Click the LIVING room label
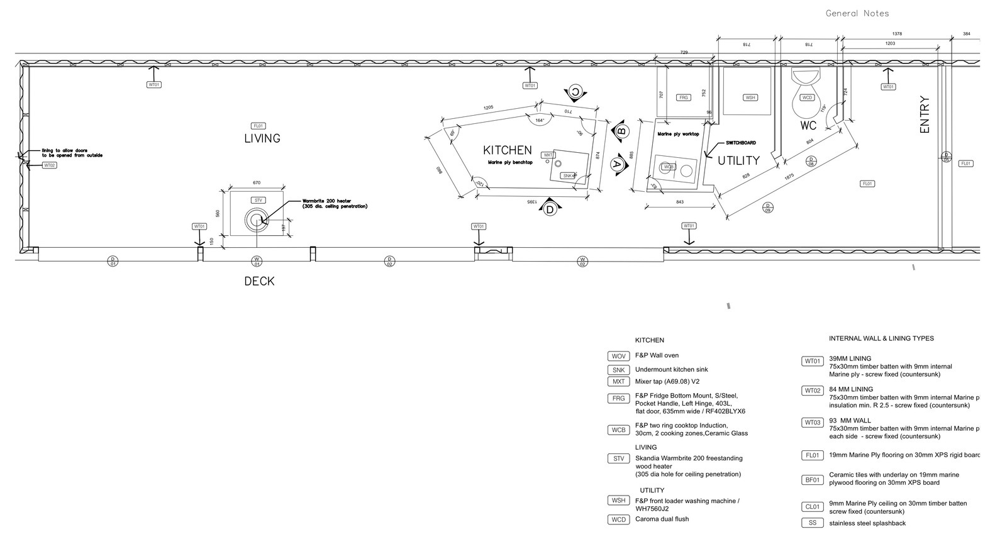262,138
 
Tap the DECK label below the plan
259,281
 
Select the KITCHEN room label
507,150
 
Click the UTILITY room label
738,161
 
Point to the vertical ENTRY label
924,114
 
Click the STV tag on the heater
258,200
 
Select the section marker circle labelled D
550,209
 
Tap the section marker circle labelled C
575,92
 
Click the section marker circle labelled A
617,164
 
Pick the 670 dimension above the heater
257,183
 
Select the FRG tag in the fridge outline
684,97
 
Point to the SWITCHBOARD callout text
740,143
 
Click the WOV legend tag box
618,357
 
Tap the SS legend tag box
812,523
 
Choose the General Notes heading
857,13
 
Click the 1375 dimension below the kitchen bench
531,201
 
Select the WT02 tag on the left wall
50,165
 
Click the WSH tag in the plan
750,97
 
